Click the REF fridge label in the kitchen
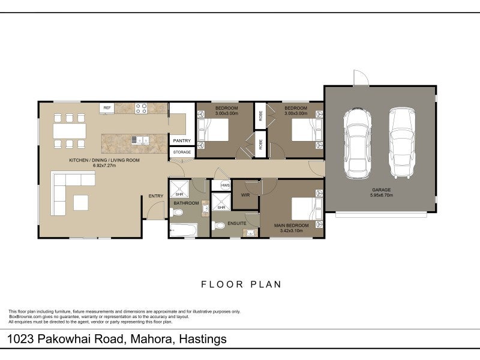pyautogui.click(x=107, y=108)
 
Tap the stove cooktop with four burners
pyautogui.click(x=141, y=109)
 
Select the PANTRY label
pyautogui.click(x=182, y=141)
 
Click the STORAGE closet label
pyautogui.click(x=182, y=152)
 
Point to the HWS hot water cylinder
pyautogui.click(x=226, y=185)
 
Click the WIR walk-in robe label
pyautogui.click(x=245, y=195)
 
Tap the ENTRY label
pyautogui.click(x=156, y=196)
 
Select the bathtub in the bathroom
pyautogui.click(x=184, y=230)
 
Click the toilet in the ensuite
pyautogui.click(x=218, y=226)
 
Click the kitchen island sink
pyautogui.click(x=140, y=140)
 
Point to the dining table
pyautogui.click(x=70, y=131)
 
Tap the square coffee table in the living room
pyautogui.click(x=81, y=203)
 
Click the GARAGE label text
pyautogui.click(x=381, y=190)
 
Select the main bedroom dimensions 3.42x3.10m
pyautogui.click(x=291, y=231)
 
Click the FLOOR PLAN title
pyautogui.click(x=241, y=284)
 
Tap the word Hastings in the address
pyautogui.click(x=203, y=339)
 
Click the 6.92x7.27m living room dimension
pyautogui.click(x=104, y=166)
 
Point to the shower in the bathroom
pyautogui.click(x=179, y=189)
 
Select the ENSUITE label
pyautogui.click(x=236, y=223)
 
